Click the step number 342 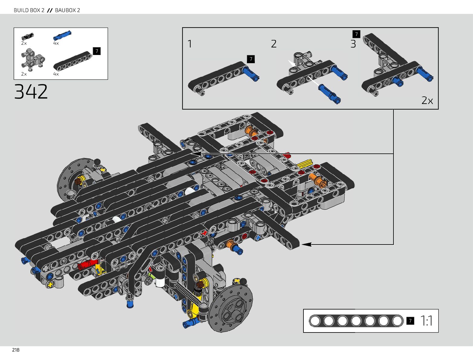pyautogui.click(x=31, y=92)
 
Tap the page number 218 pyautogui.click(x=16, y=350)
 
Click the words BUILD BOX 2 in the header pyautogui.click(x=29, y=10)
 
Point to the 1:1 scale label pyautogui.click(x=426, y=321)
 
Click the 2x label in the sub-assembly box pyautogui.click(x=427, y=100)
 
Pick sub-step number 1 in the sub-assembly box pyautogui.click(x=190, y=44)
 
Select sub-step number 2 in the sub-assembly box pyautogui.click(x=274, y=44)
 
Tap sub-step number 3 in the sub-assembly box pyautogui.click(x=353, y=44)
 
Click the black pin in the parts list pyautogui.click(x=27, y=37)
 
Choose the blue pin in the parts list pyautogui.click(x=62, y=35)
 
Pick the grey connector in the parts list pyautogui.click(x=32, y=59)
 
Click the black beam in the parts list pyautogui.click(x=73, y=61)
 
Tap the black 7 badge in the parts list pyautogui.click(x=97, y=51)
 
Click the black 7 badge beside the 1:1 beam pyautogui.click(x=410, y=321)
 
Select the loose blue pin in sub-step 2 pyautogui.click(x=329, y=94)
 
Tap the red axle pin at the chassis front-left pyautogui.click(x=88, y=264)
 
